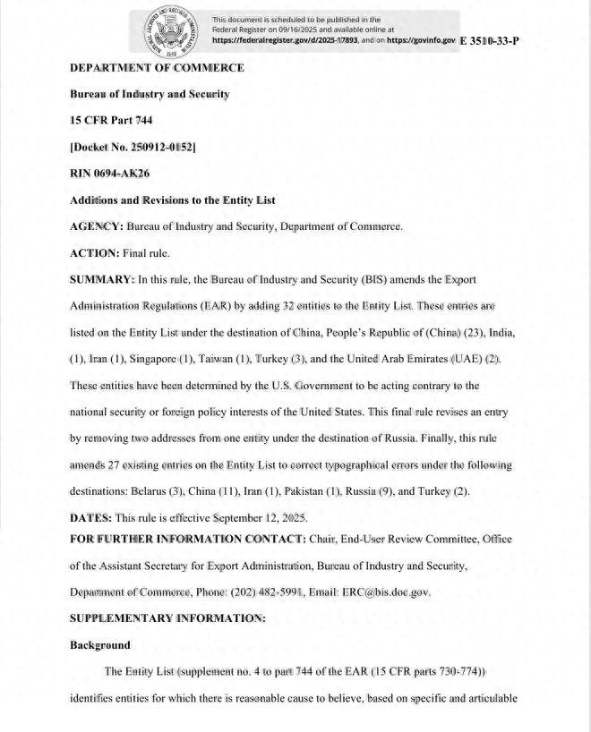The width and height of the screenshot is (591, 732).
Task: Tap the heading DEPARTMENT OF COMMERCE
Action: (157, 68)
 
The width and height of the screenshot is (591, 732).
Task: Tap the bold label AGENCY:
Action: (97, 227)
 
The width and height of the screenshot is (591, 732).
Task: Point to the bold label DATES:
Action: (92, 518)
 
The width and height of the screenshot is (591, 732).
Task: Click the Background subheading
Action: (100, 645)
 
